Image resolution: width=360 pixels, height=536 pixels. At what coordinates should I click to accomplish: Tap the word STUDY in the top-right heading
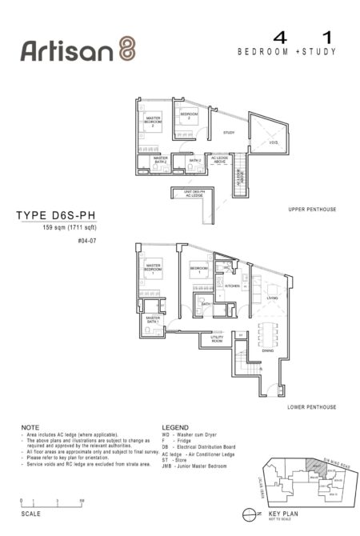point(320,52)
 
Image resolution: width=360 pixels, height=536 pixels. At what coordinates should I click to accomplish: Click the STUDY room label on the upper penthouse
point(228,133)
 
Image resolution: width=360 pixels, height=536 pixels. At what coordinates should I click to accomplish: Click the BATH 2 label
point(194,161)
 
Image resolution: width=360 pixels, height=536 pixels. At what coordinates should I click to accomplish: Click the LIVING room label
point(272,298)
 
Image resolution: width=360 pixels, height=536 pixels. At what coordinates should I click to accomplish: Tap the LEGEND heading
point(175,427)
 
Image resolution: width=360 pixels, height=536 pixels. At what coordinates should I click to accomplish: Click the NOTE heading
point(30,427)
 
